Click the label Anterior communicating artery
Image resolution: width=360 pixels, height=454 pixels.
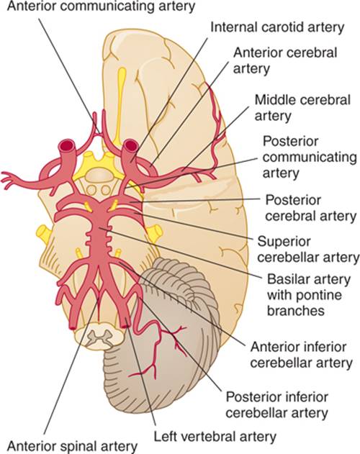click(x=101, y=6)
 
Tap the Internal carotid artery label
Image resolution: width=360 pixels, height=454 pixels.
click(x=277, y=27)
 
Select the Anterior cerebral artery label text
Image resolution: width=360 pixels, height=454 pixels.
click(x=285, y=61)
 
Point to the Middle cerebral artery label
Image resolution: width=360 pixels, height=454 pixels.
click(x=302, y=108)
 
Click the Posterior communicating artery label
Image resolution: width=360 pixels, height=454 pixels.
click(x=310, y=158)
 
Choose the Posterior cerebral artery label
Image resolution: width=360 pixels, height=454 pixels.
click(x=311, y=208)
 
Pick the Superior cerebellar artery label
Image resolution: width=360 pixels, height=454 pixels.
click(x=308, y=249)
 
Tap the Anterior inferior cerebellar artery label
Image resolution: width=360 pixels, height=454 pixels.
click(x=302, y=355)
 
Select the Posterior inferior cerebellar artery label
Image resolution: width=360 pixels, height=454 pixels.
click(x=277, y=404)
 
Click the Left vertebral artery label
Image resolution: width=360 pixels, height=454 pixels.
click(x=215, y=436)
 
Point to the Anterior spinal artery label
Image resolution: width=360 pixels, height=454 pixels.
click(x=72, y=446)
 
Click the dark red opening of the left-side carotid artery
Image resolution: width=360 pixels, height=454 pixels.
click(x=67, y=144)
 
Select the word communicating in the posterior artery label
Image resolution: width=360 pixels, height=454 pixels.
click(x=310, y=158)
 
